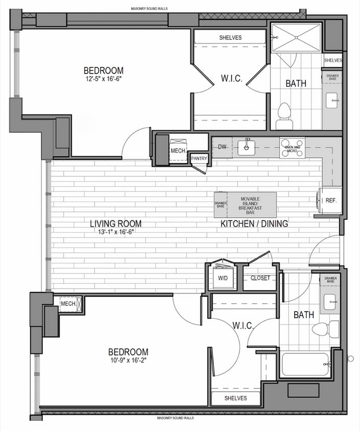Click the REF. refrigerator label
point(331,200)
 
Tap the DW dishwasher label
point(222,147)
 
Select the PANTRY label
point(199,159)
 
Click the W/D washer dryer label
point(223,278)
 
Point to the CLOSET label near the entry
point(260,278)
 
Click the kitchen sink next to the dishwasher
point(247,147)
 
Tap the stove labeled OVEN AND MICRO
point(292,148)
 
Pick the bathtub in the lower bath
point(305,365)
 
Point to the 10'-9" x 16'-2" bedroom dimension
point(128,361)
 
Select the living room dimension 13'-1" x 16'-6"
point(115,232)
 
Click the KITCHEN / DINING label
point(254,224)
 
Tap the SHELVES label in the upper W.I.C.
point(230,38)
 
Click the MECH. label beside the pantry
point(177,151)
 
